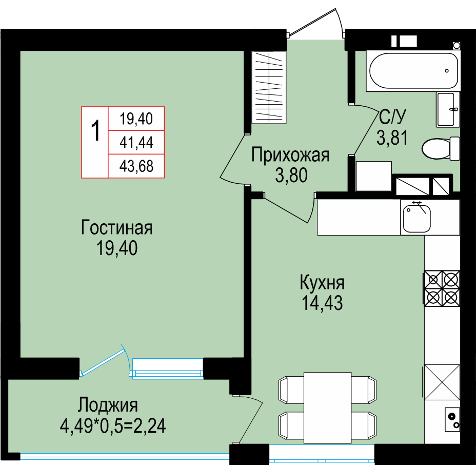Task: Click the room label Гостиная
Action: (116, 227)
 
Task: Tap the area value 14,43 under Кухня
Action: (322, 303)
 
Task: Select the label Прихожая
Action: (290, 155)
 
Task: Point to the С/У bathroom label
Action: (392, 117)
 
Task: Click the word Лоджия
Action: (108, 405)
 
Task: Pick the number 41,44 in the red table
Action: (136, 143)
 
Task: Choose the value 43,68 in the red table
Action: (136, 166)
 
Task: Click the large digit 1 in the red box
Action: (95, 130)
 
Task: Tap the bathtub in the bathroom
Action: (413, 71)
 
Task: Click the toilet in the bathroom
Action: (441, 148)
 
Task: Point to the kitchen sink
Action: (417, 218)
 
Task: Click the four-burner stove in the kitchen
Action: (442, 288)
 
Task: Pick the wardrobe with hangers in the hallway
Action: (269, 87)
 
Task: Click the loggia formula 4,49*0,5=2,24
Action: (113, 426)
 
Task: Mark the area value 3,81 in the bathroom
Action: (392, 137)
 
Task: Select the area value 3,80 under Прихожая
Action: (291, 175)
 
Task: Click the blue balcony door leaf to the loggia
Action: (104, 361)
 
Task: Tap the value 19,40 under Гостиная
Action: (117, 248)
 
